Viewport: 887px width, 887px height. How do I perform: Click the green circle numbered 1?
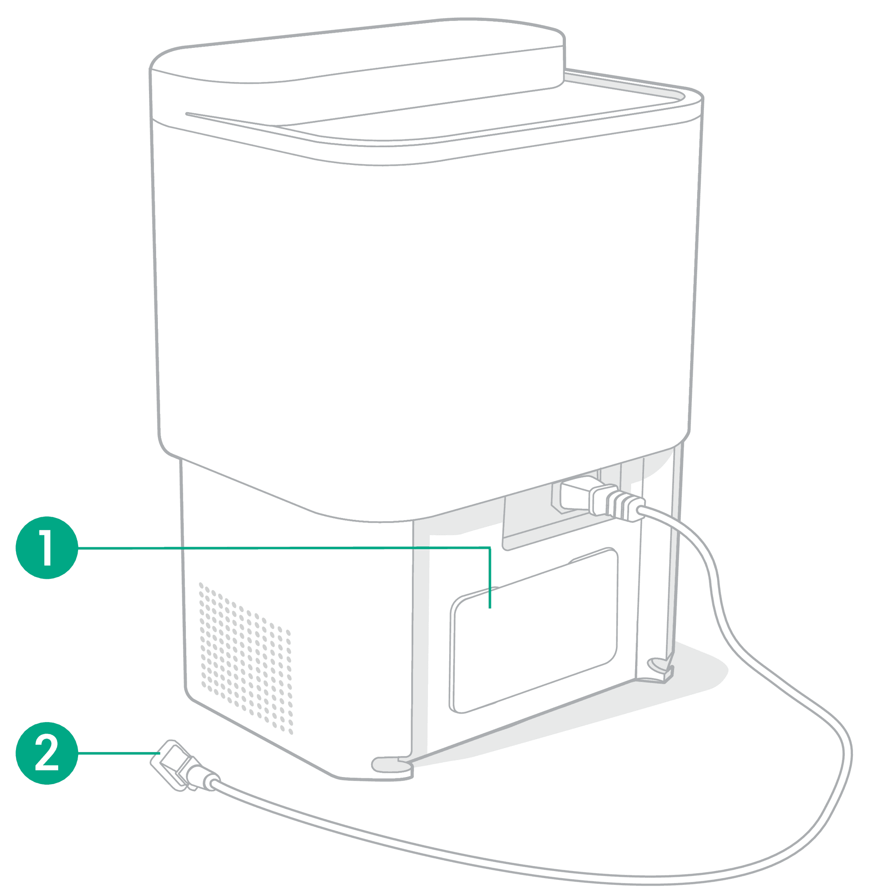click(x=47, y=548)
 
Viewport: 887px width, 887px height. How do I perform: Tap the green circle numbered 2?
click(x=47, y=754)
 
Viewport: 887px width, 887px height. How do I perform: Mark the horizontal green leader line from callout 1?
click(x=284, y=548)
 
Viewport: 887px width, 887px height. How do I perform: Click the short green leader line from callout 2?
click(x=119, y=754)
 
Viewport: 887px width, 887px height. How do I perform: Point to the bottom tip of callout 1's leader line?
click(x=490, y=608)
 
